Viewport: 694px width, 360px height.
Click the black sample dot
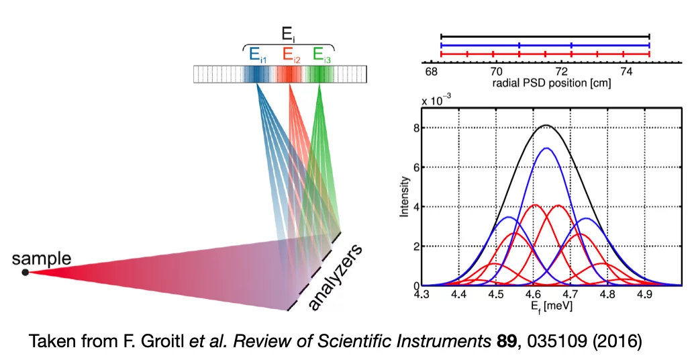click(25, 272)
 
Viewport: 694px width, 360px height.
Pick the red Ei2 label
click(291, 56)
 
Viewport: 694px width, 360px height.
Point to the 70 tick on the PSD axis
click(495, 71)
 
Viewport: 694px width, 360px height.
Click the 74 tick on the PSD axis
click(626, 71)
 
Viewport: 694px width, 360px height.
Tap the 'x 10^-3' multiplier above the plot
click(436, 100)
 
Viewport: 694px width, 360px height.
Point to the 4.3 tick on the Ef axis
click(422, 294)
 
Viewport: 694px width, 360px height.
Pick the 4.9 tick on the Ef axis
click(644, 294)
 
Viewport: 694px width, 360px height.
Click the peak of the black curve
click(546, 125)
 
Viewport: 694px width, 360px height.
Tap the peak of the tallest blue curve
click(546, 148)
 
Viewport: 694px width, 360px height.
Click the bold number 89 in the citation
click(501, 341)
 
